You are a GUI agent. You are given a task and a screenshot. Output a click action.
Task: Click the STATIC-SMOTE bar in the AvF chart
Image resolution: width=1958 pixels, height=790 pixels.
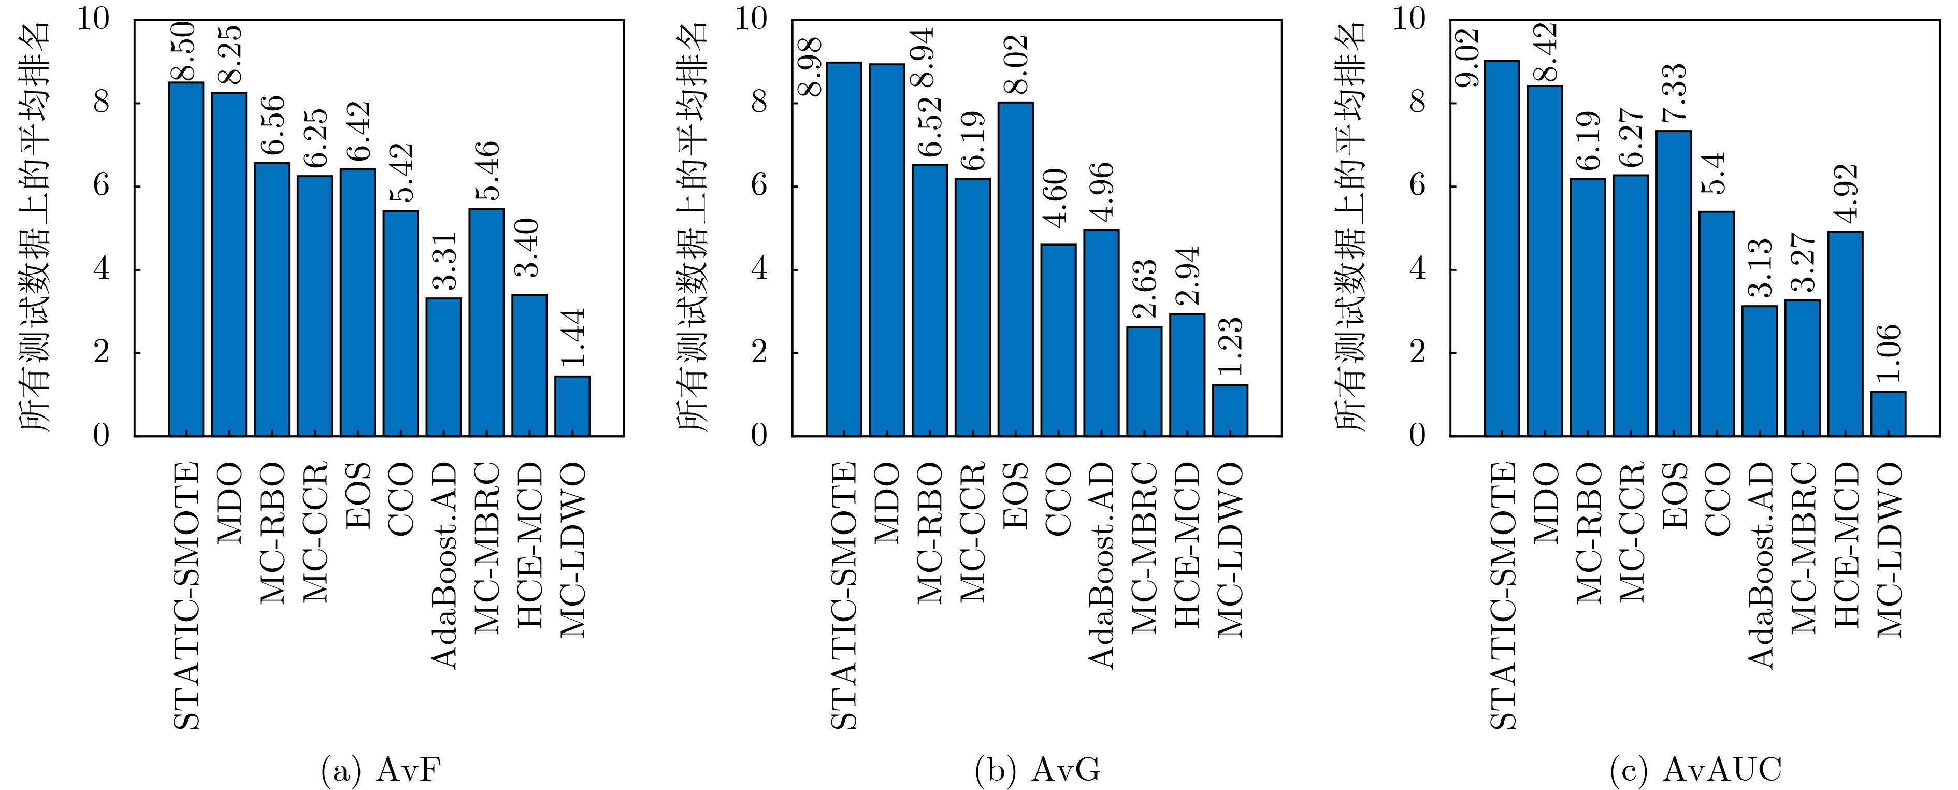coord(186,258)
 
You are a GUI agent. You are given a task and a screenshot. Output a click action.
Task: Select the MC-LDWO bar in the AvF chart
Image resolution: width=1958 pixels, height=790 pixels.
coord(572,406)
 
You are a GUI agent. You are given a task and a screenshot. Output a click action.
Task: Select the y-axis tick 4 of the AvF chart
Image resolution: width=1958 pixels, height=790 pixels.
coord(101,270)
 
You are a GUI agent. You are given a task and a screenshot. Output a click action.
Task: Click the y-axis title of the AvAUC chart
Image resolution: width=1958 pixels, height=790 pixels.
coord(1351,228)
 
